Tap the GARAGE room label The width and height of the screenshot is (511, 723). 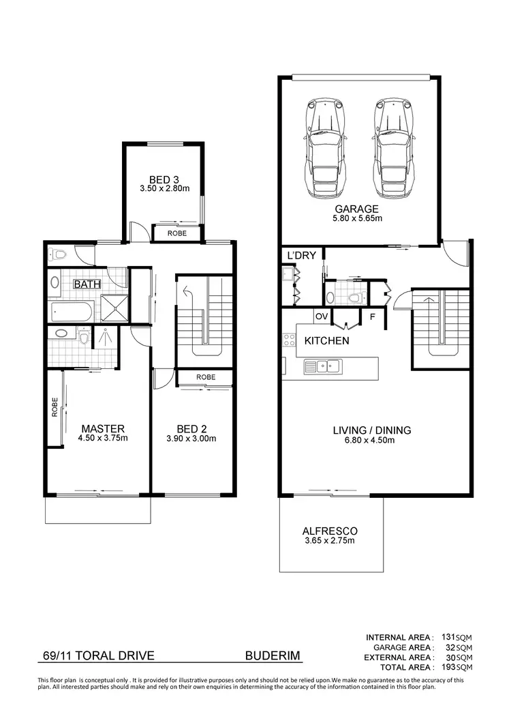[x=358, y=209]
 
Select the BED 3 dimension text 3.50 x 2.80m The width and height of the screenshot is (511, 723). [x=164, y=189]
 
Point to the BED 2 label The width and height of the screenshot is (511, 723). [x=191, y=428]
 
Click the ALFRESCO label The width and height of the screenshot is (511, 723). [x=330, y=531]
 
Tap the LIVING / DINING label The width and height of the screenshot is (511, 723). [x=372, y=430]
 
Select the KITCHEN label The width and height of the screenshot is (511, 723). [x=327, y=340]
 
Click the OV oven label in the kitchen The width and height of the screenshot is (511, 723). [x=321, y=316]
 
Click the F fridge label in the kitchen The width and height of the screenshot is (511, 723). [x=372, y=316]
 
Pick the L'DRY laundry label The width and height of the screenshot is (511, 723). [x=301, y=255]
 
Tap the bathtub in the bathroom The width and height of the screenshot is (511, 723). [x=71, y=314]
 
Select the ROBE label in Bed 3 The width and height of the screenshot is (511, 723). [x=178, y=233]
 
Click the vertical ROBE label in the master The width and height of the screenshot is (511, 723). [x=55, y=407]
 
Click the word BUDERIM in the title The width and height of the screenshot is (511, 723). [x=272, y=656]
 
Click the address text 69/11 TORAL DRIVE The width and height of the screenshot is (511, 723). [x=95, y=656]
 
